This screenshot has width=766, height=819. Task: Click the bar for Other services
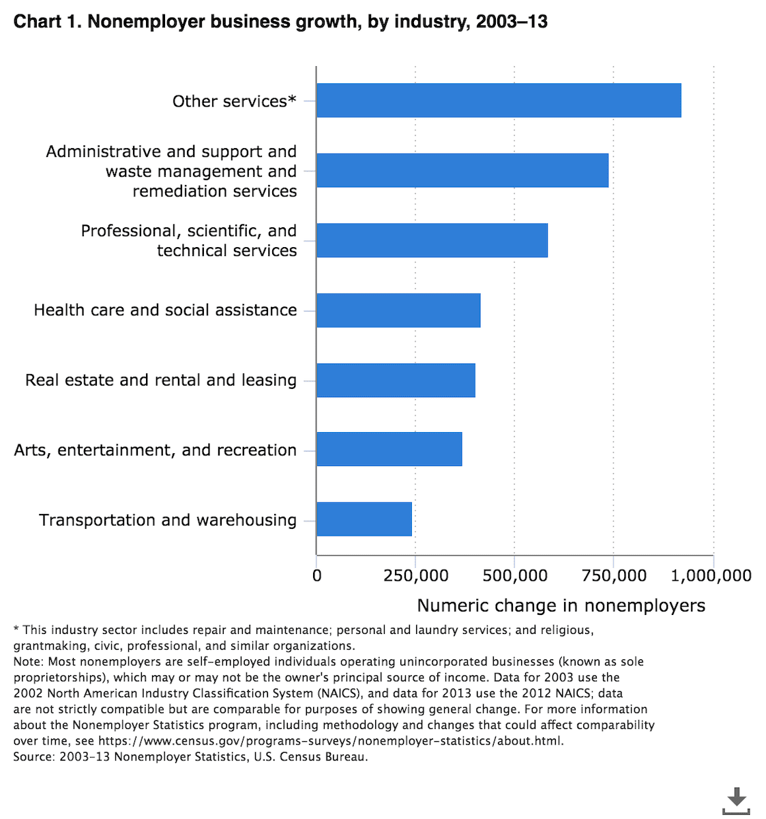[x=499, y=100]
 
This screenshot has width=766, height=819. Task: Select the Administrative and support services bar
[x=462, y=171]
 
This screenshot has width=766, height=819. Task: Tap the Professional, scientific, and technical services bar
[x=432, y=240]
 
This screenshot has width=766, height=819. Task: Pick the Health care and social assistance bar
[x=398, y=311]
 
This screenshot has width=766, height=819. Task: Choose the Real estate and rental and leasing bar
[x=396, y=380]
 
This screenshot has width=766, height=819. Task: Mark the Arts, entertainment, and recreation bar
[x=389, y=449]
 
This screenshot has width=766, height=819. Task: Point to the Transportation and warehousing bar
[x=364, y=519]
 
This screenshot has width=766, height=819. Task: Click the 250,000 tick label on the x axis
[x=415, y=576]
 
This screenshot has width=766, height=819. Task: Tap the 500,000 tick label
[x=515, y=576]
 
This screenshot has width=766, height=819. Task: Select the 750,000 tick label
[x=614, y=576]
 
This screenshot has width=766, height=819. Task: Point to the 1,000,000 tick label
[x=711, y=576]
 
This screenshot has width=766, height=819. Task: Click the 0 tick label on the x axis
[x=316, y=576]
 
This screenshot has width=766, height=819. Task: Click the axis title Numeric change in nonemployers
[x=561, y=605]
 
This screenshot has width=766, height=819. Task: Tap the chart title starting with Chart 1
[x=280, y=21]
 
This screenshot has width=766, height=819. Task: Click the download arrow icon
[x=736, y=801]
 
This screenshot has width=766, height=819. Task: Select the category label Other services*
[x=234, y=101]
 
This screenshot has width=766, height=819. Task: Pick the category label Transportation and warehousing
[x=168, y=520]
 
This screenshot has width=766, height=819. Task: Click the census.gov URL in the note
[x=331, y=741]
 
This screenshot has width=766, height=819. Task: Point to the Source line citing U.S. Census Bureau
[x=190, y=757]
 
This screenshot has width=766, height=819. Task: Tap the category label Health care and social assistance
[x=165, y=310]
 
